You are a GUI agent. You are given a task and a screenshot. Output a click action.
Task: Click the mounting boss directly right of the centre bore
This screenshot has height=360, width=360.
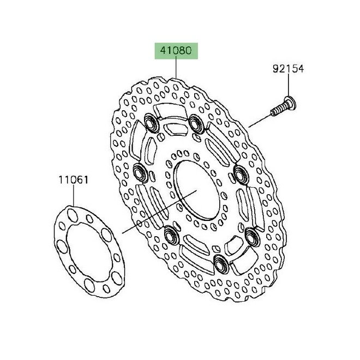[x=238, y=174]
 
